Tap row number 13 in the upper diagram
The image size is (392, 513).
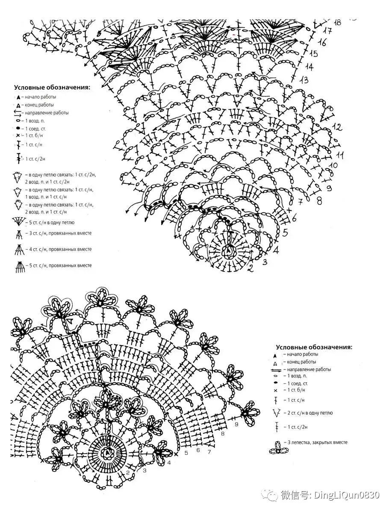pos(304,80)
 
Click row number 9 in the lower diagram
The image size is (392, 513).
pos(236,424)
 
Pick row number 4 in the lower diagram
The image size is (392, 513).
pos(169,463)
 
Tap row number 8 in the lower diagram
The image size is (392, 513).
pos(223,434)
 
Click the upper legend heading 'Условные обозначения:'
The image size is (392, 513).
pos(52,87)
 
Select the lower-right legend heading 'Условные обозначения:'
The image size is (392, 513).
pos(314,347)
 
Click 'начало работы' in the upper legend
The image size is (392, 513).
pos(40,97)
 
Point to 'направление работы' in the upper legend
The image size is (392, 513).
pos(47,113)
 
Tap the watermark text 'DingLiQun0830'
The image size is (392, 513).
pos(347,495)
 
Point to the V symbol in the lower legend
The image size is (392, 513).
pos(276,413)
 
